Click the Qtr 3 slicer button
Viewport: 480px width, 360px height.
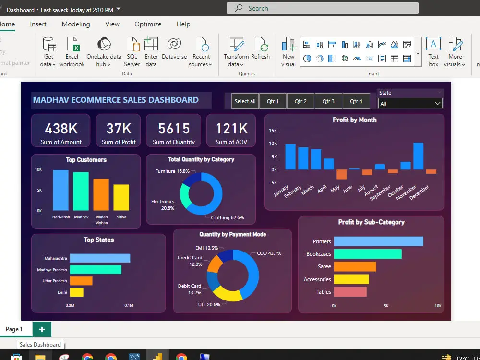pos(328,101)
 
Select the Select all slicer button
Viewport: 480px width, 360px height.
pos(245,101)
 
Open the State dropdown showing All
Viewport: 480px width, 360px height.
pos(410,103)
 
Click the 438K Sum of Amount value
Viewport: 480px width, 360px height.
pos(61,128)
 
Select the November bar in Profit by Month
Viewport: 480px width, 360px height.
pos(418,156)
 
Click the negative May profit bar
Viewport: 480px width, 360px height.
pos(341,174)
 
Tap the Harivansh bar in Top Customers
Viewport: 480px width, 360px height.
pos(61,190)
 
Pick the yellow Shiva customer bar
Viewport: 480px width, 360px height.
pos(121,197)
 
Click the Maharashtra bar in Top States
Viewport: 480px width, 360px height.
pos(100,258)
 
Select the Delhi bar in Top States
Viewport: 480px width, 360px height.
pos(76,292)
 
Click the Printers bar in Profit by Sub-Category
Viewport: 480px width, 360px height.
pos(378,241)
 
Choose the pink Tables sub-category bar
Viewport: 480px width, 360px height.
pos(350,292)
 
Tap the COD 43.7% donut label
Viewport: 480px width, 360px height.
pos(269,253)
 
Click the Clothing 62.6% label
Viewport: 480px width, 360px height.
pos(228,217)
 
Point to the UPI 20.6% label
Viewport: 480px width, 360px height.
pos(209,304)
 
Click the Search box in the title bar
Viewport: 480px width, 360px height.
pos(322,8)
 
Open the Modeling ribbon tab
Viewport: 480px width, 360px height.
pos(76,24)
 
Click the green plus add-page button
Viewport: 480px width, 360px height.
pos(42,329)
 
